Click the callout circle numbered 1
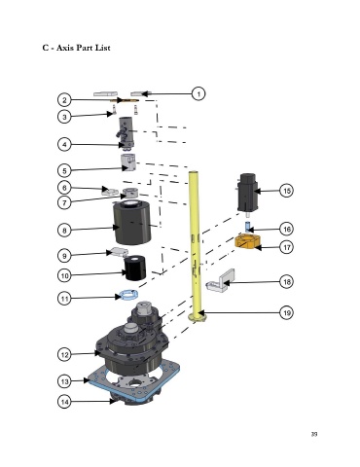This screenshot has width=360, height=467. click(198, 93)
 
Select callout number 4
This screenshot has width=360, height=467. click(64, 144)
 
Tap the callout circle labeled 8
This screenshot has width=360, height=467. click(64, 231)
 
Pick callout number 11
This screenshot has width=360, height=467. click(64, 298)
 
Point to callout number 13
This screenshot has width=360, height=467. click(64, 381)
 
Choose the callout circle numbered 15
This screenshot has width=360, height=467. click(287, 191)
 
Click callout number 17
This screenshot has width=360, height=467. click(287, 247)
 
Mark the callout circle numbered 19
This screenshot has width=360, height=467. click(287, 313)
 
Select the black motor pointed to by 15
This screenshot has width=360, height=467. click(248, 194)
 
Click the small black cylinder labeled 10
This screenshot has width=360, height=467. click(135, 268)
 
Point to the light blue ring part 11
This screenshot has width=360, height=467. click(128, 295)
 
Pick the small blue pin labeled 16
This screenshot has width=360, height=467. click(247, 226)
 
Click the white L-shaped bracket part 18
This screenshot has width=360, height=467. click(221, 281)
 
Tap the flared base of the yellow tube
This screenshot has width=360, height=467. click(198, 316)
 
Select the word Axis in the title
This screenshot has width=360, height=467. click(65, 48)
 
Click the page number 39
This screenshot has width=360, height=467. click(314, 434)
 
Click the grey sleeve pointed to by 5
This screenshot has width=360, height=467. click(128, 162)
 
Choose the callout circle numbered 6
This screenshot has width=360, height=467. click(64, 188)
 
